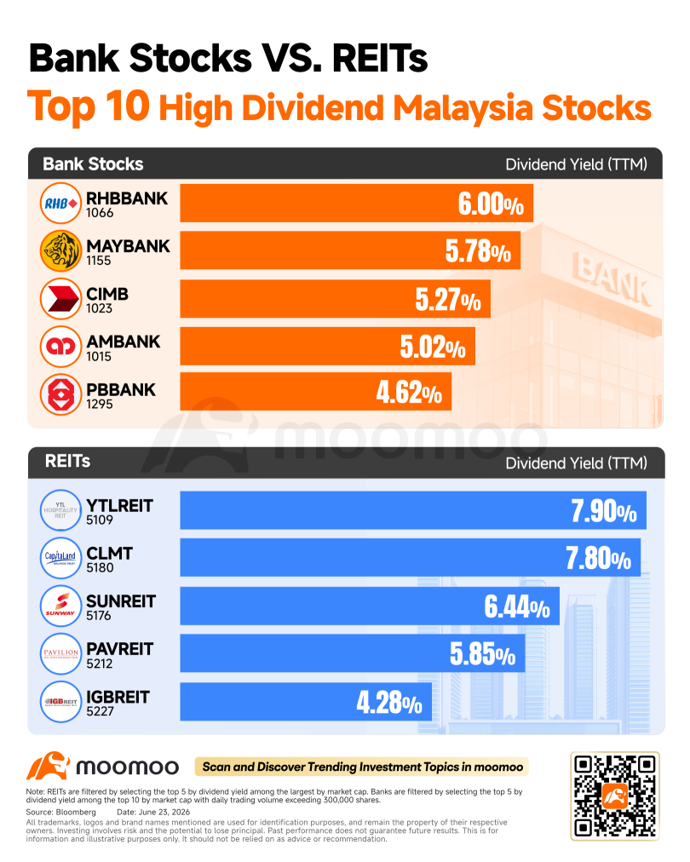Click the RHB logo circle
(60, 204)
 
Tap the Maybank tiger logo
(60, 251)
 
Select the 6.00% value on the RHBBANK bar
(491, 204)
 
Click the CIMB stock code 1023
(99, 308)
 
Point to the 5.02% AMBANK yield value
(433, 347)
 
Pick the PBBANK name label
(121, 390)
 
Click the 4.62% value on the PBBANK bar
(409, 393)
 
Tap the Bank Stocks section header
(93, 164)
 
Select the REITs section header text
(67, 461)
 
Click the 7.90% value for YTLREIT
(604, 511)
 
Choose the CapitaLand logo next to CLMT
(60, 558)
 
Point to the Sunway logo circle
(60, 606)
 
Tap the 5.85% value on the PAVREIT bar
(483, 654)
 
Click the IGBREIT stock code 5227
(100, 711)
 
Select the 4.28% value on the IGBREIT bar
(389, 703)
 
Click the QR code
(615, 796)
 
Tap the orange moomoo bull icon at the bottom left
(48, 766)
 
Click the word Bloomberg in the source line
(76, 812)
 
